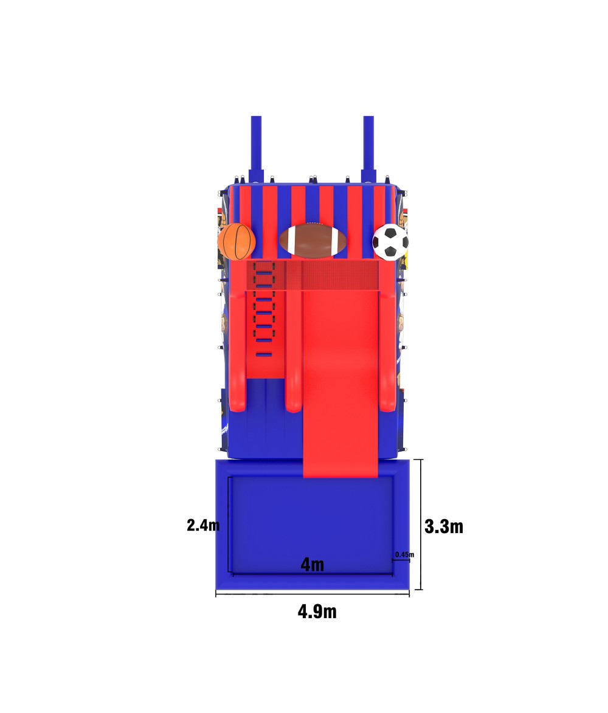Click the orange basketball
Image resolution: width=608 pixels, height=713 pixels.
tap(237, 241)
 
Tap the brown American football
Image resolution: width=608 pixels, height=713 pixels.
tap(313, 239)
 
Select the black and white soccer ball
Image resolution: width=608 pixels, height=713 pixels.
tap(390, 242)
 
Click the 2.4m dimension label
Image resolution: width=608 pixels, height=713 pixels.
tap(203, 525)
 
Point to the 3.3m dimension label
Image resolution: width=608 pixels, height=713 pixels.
tap(444, 526)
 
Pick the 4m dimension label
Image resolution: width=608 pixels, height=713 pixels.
tap(313, 565)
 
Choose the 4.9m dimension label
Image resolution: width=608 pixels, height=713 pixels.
tap(317, 611)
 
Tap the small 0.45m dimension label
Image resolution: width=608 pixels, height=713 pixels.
tap(404, 554)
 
